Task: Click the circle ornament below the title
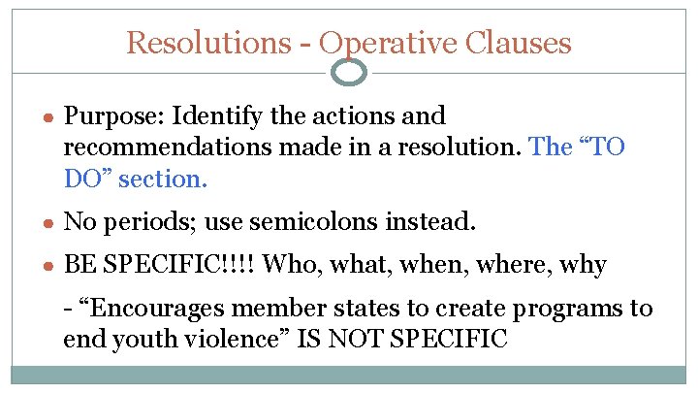tap(349, 71)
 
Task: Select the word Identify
tap(210, 116)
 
